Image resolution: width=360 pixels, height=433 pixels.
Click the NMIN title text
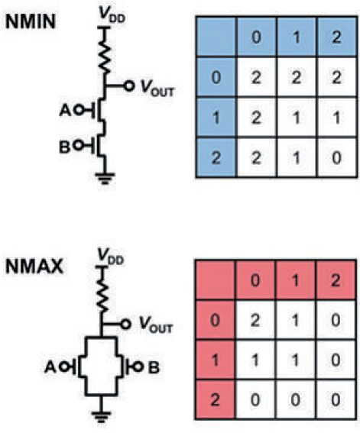point(31,21)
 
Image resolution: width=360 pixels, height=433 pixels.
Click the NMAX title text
point(34,267)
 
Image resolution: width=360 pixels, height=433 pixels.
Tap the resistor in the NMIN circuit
point(105,55)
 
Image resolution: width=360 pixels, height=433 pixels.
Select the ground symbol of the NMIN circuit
point(105,178)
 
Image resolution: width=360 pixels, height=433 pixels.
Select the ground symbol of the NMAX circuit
point(101,416)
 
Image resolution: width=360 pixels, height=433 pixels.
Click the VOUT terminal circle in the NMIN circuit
point(128,86)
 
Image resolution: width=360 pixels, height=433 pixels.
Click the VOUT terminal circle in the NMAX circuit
point(125,325)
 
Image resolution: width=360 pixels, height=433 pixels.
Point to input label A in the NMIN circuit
point(65,111)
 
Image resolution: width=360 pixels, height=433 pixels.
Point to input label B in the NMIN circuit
point(65,147)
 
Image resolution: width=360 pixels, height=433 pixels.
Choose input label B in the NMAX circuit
point(154,367)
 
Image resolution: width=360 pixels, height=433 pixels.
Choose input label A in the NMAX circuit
point(50,367)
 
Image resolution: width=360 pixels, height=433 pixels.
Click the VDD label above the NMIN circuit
point(112,15)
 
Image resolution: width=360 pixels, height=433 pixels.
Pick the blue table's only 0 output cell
point(337,157)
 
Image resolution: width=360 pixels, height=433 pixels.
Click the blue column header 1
point(297,37)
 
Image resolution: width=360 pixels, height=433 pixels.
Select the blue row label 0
point(216,77)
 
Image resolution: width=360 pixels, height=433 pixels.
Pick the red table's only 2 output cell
point(255,320)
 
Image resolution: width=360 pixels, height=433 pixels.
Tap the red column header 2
point(336,280)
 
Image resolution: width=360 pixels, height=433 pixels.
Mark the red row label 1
point(215,360)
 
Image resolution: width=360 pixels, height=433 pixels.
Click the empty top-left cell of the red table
point(215,280)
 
